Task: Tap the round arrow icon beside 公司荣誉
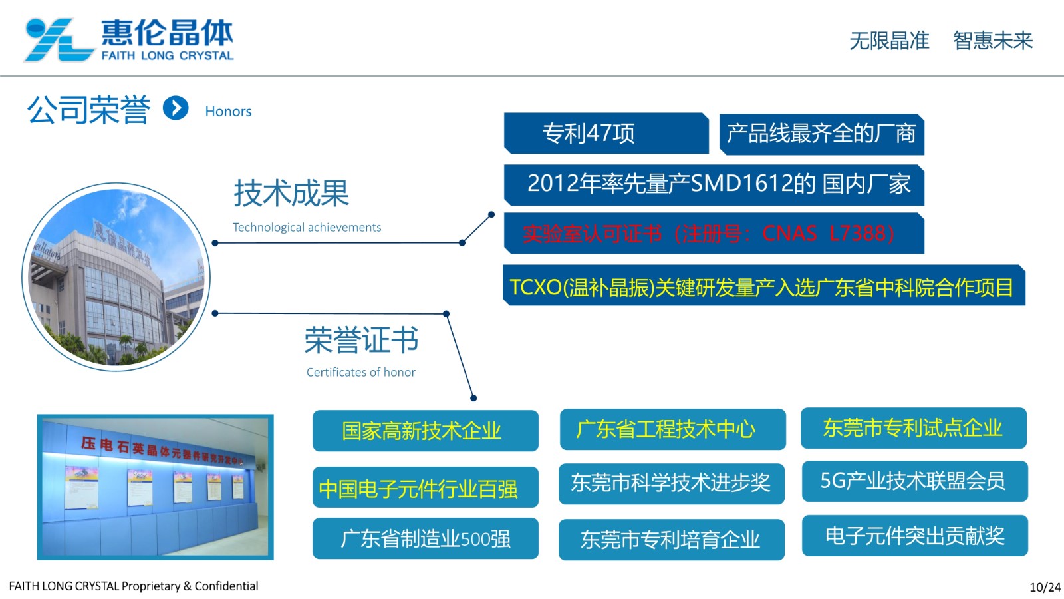176,108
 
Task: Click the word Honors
228,112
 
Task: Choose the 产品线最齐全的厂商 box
821,134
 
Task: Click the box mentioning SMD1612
714,184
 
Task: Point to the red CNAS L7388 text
709,234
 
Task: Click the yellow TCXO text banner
762,287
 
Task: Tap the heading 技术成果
291,194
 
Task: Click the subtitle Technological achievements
307,228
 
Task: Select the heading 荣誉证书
361,341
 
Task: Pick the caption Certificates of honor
360,373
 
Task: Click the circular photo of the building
116,277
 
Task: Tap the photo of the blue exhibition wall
155,487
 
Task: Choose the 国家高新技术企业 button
425,431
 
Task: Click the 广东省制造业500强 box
425,538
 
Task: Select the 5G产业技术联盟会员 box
914,481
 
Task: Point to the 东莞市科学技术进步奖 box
671,483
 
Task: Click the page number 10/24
1045,587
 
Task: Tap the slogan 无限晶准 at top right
889,41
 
